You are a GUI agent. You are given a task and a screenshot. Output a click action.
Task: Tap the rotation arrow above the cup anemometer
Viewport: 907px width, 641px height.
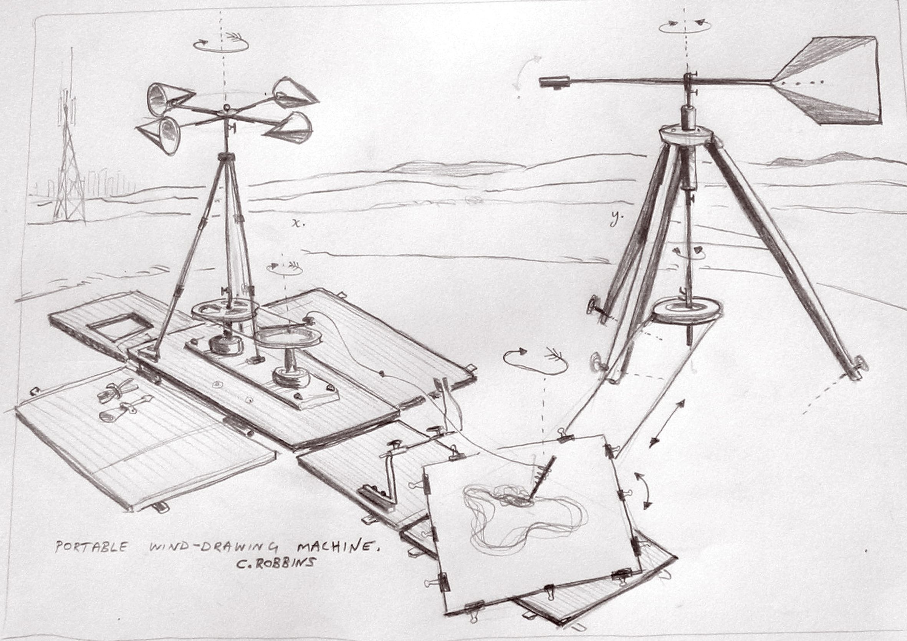click(221, 45)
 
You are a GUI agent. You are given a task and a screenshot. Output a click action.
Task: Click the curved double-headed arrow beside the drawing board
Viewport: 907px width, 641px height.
click(644, 489)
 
